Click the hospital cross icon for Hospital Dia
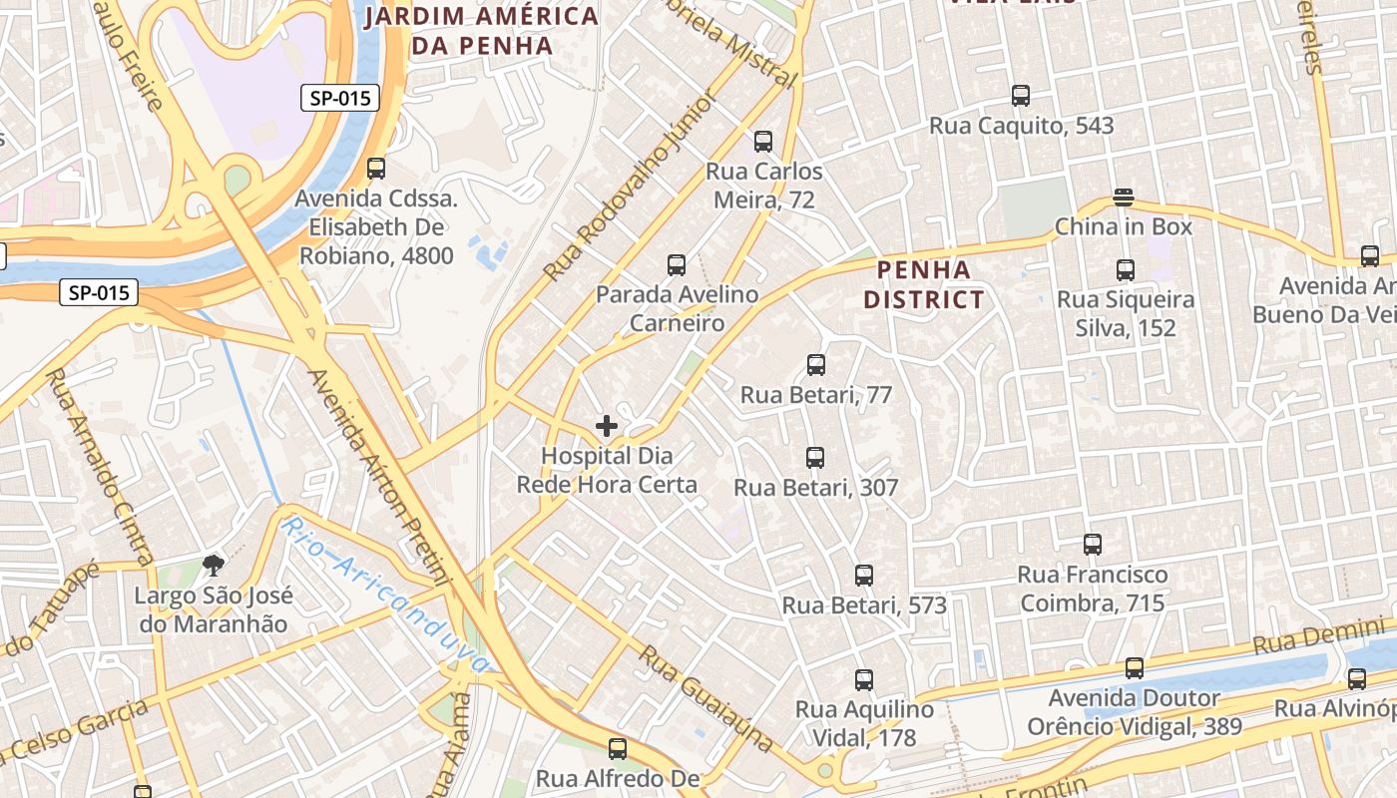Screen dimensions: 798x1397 point(606,427)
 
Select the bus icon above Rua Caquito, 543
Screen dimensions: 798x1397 point(1021,96)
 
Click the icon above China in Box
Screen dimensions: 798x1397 point(1124,198)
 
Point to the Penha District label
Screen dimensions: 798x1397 point(923,284)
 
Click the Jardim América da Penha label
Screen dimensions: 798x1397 point(482,31)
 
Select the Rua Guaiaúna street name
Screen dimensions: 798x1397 point(705,699)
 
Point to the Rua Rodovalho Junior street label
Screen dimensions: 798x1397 point(631,187)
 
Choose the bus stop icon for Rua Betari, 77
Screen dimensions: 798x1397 point(816,365)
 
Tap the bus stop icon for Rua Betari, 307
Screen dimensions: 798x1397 point(815,458)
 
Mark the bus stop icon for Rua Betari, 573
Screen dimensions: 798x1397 point(864,576)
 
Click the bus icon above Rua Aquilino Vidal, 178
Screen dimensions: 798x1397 point(864,680)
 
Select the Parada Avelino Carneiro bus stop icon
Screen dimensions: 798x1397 point(677,265)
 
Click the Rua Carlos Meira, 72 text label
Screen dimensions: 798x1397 point(764,186)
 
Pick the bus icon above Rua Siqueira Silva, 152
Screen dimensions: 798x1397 point(1126,269)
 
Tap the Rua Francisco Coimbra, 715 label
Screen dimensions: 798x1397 point(1092,589)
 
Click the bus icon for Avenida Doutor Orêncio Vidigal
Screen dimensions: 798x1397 point(1135,668)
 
